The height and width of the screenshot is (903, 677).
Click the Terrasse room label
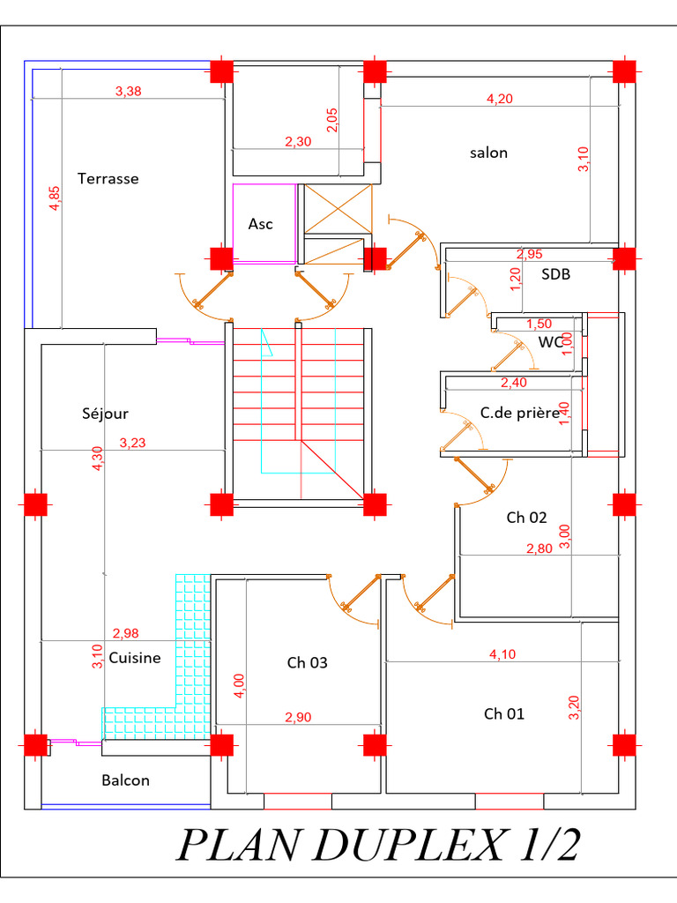pyautogui.click(x=108, y=178)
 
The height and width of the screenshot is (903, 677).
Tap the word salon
pyautogui.click(x=488, y=153)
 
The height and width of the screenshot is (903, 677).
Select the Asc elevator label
pyautogui.click(x=260, y=224)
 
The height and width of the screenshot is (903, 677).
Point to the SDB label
pyautogui.click(x=555, y=274)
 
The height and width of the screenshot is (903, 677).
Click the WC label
pyautogui.click(x=550, y=342)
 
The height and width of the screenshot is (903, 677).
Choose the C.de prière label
pyautogui.click(x=520, y=413)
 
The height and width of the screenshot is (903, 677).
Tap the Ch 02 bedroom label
pyautogui.click(x=526, y=518)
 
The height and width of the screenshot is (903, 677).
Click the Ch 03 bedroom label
pyautogui.click(x=307, y=663)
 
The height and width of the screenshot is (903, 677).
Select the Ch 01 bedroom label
pyautogui.click(x=503, y=714)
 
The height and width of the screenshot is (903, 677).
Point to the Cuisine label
pyautogui.click(x=135, y=658)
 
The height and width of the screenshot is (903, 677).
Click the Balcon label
pyautogui.click(x=125, y=780)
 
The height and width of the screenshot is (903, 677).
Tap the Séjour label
pyautogui.click(x=106, y=414)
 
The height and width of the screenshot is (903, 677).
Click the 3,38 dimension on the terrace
pyautogui.click(x=128, y=91)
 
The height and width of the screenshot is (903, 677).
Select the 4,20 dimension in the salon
pyautogui.click(x=499, y=99)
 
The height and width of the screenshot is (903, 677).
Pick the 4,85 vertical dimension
pyautogui.click(x=54, y=198)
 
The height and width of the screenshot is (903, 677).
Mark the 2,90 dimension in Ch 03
pyautogui.click(x=298, y=717)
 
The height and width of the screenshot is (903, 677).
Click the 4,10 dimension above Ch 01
pyautogui.click(x=502, y=654)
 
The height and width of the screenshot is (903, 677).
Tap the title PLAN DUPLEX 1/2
pyautogui.click(x=377, y=846)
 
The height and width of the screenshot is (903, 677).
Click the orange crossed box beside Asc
pyautogui.click(x=338, y=208)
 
